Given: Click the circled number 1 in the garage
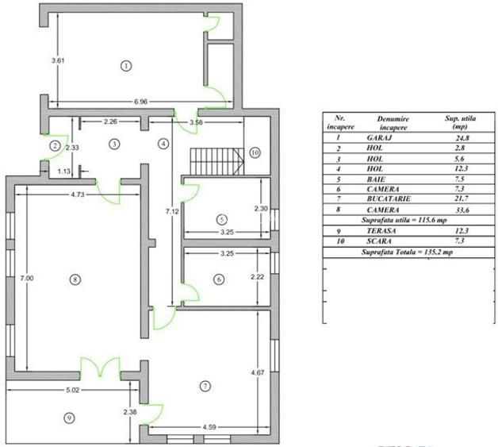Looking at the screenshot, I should pos(125,65).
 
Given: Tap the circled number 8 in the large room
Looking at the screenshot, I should pos(75,279).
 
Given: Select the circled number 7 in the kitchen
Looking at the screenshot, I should pos(205,386).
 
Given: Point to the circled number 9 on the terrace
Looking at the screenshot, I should pos(68,418).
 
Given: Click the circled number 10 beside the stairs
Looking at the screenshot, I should pos(254,152).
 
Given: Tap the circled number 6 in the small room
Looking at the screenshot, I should pos(220,279).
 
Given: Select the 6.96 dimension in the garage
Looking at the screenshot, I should pos(140,102).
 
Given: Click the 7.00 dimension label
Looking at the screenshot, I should pos(26,278).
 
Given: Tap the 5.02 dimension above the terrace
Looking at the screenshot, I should pos(72,390).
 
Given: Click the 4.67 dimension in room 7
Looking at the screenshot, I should pos(256,372).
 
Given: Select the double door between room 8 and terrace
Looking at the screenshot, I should pos(99,368).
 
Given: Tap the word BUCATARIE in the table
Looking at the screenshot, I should pos(388,199).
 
